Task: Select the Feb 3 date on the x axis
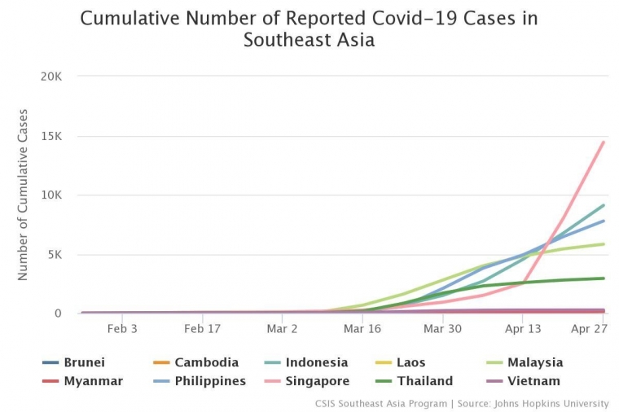click(122, 329)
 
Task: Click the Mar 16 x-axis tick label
click(362, 329)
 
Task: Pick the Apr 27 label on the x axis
click(589, 329)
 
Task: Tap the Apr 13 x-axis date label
click(523, 329)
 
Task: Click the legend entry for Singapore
click(317, 381)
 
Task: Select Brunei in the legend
click(84, 362)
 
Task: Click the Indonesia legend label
click(316, 362)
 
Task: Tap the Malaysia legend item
click(534, 362)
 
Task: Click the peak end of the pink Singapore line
click(603, 142)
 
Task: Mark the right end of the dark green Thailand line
click(603, 278)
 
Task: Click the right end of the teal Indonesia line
click(603, 205)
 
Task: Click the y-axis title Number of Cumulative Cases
click(23, 195)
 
